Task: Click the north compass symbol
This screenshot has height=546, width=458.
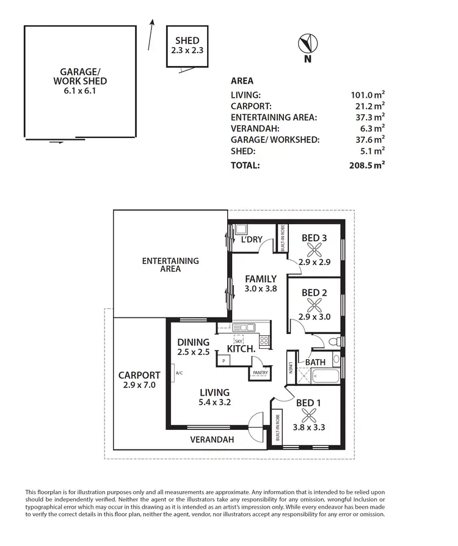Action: point(307,44)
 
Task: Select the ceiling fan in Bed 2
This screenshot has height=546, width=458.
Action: point(314,305)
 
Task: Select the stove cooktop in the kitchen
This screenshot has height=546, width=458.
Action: point(264,341)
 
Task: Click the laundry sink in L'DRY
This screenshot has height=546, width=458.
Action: point(239,230)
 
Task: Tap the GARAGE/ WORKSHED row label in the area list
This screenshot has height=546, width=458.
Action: point(275,140)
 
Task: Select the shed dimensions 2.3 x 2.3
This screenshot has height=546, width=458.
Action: point(187,52)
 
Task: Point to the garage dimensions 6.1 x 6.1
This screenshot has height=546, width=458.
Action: point(80,91)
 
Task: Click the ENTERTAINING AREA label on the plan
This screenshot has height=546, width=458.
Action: point(170,264)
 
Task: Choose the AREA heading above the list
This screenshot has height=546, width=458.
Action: point(242,81)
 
